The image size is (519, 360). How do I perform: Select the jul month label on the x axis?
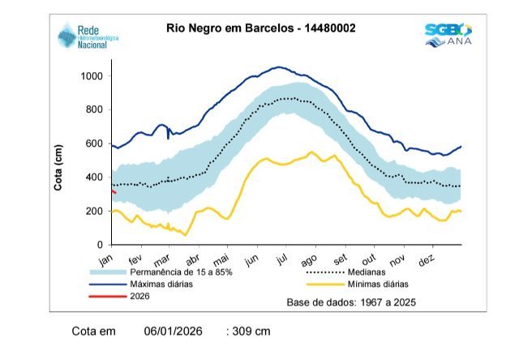(282, 259)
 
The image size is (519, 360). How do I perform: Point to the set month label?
(340, 259)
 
